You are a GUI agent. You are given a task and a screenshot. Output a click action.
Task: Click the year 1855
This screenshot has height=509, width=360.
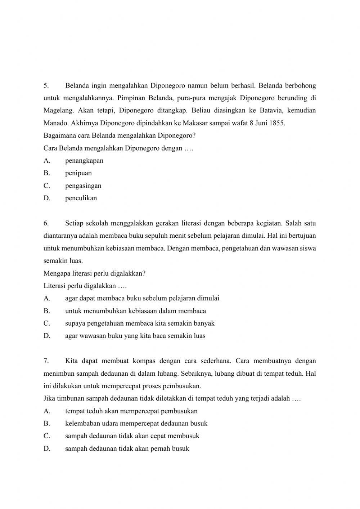(276, 123)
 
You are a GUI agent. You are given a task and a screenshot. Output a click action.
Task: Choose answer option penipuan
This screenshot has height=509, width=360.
(78, 173)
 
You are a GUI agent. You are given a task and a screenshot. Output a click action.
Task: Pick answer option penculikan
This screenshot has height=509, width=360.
(81, 198)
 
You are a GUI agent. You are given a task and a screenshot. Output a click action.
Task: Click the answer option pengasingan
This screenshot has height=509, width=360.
(83, 186)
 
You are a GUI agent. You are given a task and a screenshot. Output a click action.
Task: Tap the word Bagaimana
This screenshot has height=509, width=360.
(59, 136)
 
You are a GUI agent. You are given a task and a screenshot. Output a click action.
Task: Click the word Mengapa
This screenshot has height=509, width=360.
(56, 273)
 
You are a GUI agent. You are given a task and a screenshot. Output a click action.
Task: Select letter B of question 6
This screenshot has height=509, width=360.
(46, 311)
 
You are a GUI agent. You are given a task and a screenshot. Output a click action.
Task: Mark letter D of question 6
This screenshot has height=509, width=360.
(46, 336)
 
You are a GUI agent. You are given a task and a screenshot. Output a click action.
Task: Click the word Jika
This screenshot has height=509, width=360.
(49, 399)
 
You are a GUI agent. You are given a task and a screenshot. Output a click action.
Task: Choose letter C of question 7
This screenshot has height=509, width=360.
(46, 436)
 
